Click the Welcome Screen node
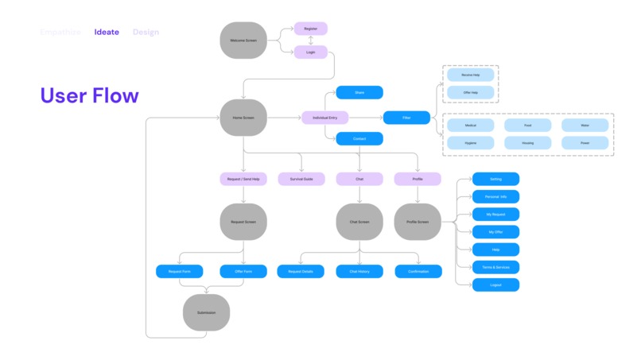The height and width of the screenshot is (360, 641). (x=243, y=40)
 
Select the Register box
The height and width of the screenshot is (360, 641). (x=310, y=29)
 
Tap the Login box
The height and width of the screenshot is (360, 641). (x=310, y=52)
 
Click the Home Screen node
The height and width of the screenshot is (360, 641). (x=243, y=118)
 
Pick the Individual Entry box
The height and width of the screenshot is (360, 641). (x=324, y=118)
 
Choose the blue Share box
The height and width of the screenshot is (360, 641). (x=359, y=92)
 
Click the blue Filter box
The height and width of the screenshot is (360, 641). (x=406, y=118)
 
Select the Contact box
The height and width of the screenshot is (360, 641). (x=359, y=139)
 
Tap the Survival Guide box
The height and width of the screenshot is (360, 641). (x=301, y=180)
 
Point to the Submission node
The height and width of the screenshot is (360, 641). (x=206, y=312)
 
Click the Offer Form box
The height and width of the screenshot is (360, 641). (x=243, y=272)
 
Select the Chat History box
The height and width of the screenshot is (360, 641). (x=359, y=272)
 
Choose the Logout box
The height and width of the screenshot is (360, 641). (x=495, y=285)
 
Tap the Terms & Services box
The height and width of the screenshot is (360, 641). (x=495, y=267)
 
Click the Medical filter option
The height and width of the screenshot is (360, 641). (x=471, y=125)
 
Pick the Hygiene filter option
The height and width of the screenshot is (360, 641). (x=471, y=143)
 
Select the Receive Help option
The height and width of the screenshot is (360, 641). (x=471, y=75)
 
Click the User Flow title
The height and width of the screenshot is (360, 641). (x=89, y=96)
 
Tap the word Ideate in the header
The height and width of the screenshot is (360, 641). (x=107, y=33)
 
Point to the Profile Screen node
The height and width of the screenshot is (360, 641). (x=418, y=222)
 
